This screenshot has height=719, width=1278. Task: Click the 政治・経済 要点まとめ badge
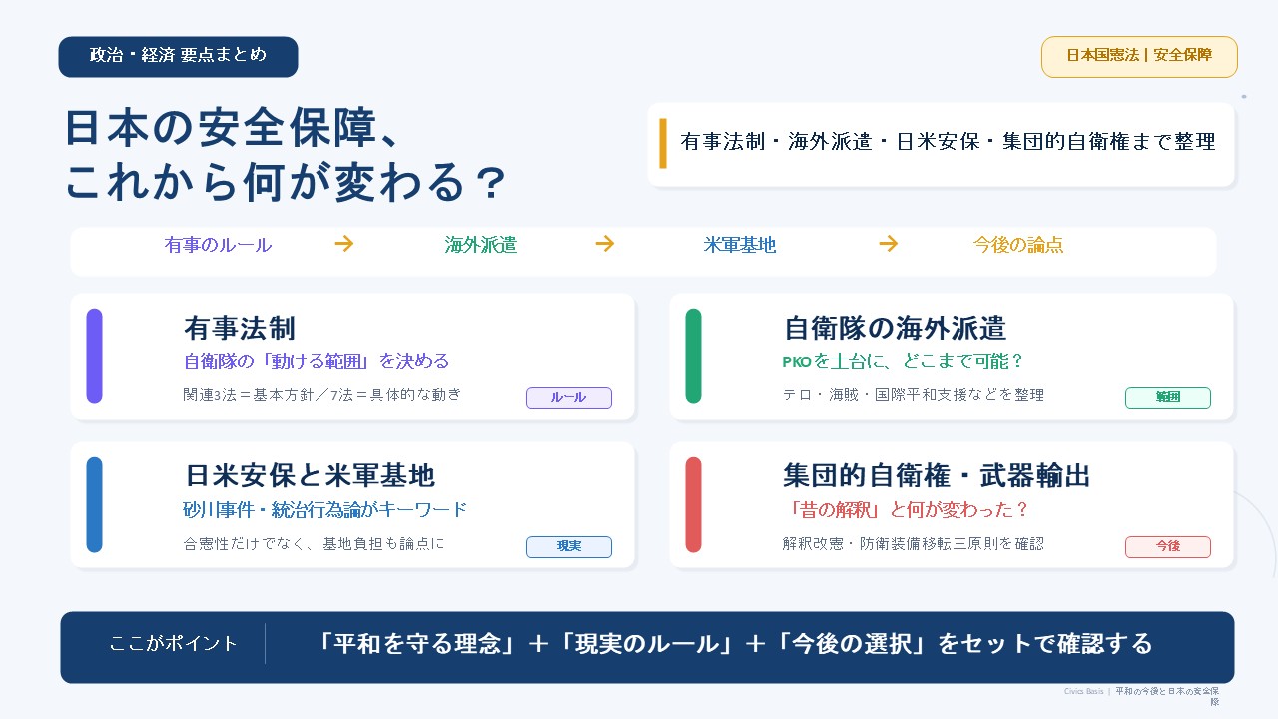point(178,57)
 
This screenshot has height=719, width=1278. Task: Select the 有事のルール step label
point(218,245)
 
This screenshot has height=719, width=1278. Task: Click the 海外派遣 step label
point(481,245)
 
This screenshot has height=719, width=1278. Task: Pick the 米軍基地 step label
point(740,245)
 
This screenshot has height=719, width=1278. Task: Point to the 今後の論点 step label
point(1018,245)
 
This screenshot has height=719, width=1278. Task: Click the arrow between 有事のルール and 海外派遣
point(344,244)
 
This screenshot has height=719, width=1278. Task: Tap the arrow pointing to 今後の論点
point(889,244)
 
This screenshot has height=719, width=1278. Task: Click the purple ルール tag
point(569,397)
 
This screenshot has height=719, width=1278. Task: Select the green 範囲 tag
point(1168,397)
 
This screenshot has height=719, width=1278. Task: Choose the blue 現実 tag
point(569,546)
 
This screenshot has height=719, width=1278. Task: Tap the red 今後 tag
point(1168,546)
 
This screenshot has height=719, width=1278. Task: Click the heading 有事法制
point(240,329)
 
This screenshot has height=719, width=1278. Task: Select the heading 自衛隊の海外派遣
point(895,329)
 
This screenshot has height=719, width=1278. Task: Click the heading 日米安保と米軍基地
point(311,476)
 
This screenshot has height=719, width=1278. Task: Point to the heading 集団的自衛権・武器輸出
point(937,476)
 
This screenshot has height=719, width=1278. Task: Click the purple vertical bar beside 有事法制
point(94,357)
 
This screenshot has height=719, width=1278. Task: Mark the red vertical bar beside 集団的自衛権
point(693,504)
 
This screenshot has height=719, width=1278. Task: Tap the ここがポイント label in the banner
point(173,644)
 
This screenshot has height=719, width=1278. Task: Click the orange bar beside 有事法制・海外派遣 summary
point(662,143)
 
